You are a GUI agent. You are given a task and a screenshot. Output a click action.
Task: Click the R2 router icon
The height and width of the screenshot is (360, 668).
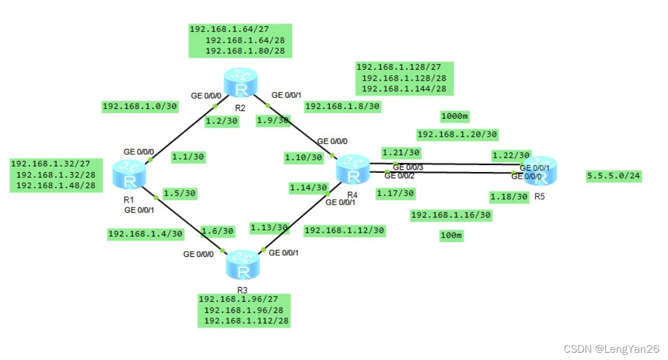241,82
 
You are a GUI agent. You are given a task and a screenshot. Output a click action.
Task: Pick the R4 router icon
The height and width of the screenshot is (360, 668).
353,170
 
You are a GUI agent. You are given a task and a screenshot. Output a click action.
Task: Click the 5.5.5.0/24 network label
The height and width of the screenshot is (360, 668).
614,176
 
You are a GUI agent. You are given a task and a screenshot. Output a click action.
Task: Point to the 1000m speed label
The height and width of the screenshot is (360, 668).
454,117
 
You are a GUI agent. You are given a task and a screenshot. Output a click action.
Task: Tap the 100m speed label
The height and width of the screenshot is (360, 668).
451,236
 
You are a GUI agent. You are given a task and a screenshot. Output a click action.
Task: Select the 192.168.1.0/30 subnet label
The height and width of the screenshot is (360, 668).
140,106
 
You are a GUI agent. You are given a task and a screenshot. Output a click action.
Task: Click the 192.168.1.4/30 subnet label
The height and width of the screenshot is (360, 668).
145,233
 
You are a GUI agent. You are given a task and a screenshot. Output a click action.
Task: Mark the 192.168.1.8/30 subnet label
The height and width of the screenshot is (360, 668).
342,106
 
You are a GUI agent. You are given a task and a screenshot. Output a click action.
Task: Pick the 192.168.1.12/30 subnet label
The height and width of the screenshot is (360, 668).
344,230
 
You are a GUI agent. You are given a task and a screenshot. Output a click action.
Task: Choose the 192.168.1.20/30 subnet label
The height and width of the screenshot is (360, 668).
457,135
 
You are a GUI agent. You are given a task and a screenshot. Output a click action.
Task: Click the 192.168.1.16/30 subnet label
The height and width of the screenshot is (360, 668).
451,215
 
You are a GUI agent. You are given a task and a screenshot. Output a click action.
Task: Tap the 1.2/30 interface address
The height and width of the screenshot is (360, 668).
221,121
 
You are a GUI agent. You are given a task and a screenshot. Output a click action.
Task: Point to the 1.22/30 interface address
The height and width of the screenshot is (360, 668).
510,155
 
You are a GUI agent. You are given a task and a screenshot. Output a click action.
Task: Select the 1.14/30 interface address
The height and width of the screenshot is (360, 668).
308,188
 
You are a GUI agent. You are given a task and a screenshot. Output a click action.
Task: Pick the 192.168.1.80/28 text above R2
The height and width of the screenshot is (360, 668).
245,51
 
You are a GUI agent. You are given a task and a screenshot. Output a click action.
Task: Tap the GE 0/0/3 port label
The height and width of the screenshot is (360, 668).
408,167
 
